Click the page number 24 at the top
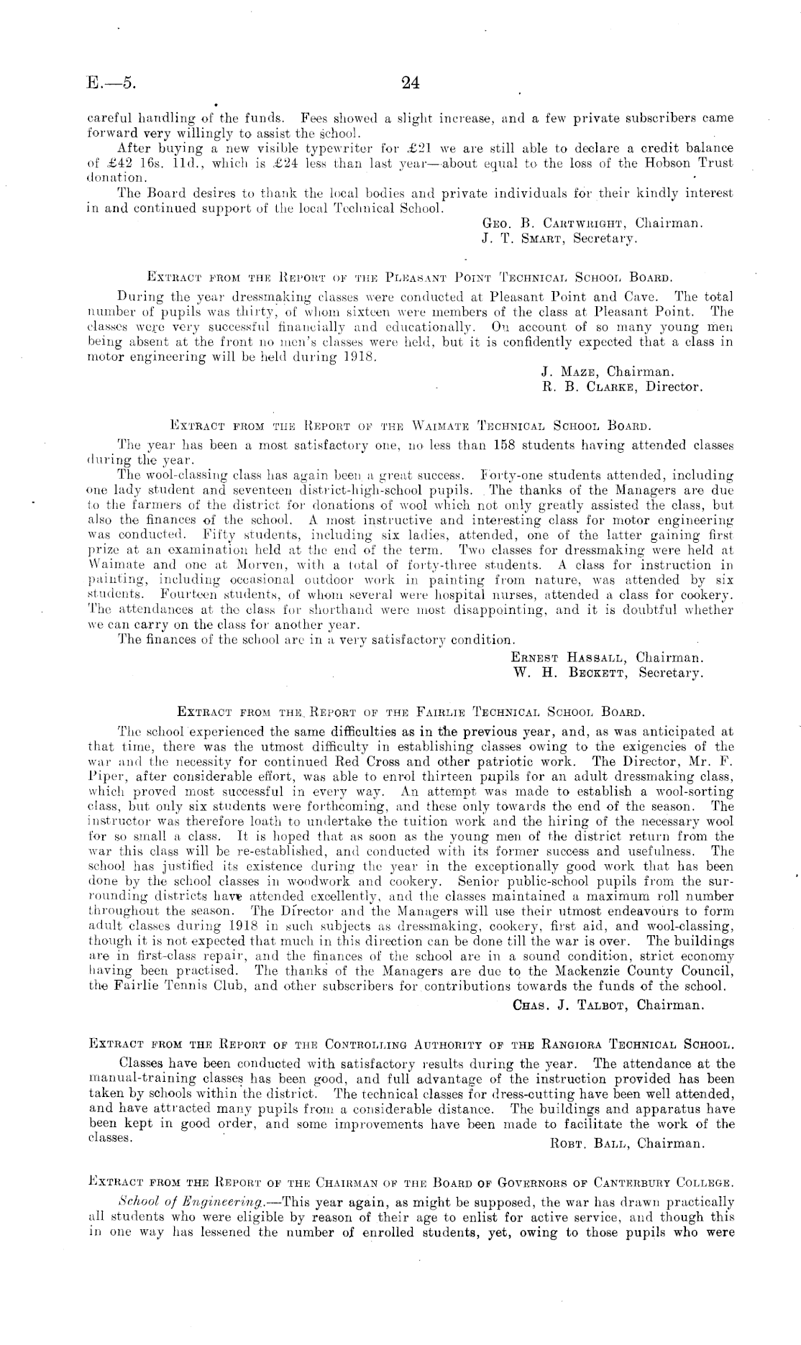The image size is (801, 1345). [410, 83]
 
